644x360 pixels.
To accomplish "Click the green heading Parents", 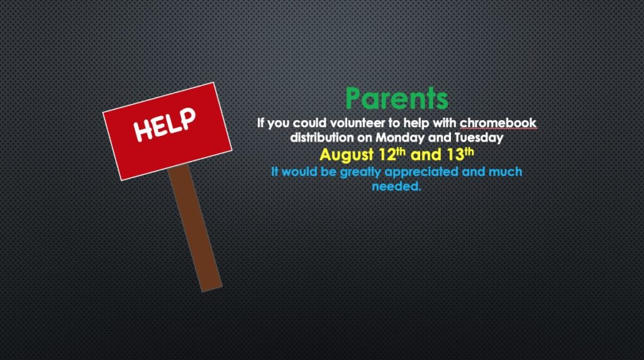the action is point(397,98).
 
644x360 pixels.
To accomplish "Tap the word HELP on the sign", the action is point(165,125).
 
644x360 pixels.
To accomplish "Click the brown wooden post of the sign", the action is point(195,227).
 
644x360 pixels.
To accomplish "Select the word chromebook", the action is point(498,123).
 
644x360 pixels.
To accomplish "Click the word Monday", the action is point(400,138).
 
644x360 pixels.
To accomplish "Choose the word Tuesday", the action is point(479,138).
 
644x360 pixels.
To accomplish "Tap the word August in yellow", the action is point(347,155).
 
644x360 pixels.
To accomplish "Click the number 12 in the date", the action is point(387,155).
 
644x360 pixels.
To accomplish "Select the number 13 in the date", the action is point(455,155).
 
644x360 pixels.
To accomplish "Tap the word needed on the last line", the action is point(396,186).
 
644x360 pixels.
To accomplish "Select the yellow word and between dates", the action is point(426,155).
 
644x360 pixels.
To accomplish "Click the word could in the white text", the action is point(309,123).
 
